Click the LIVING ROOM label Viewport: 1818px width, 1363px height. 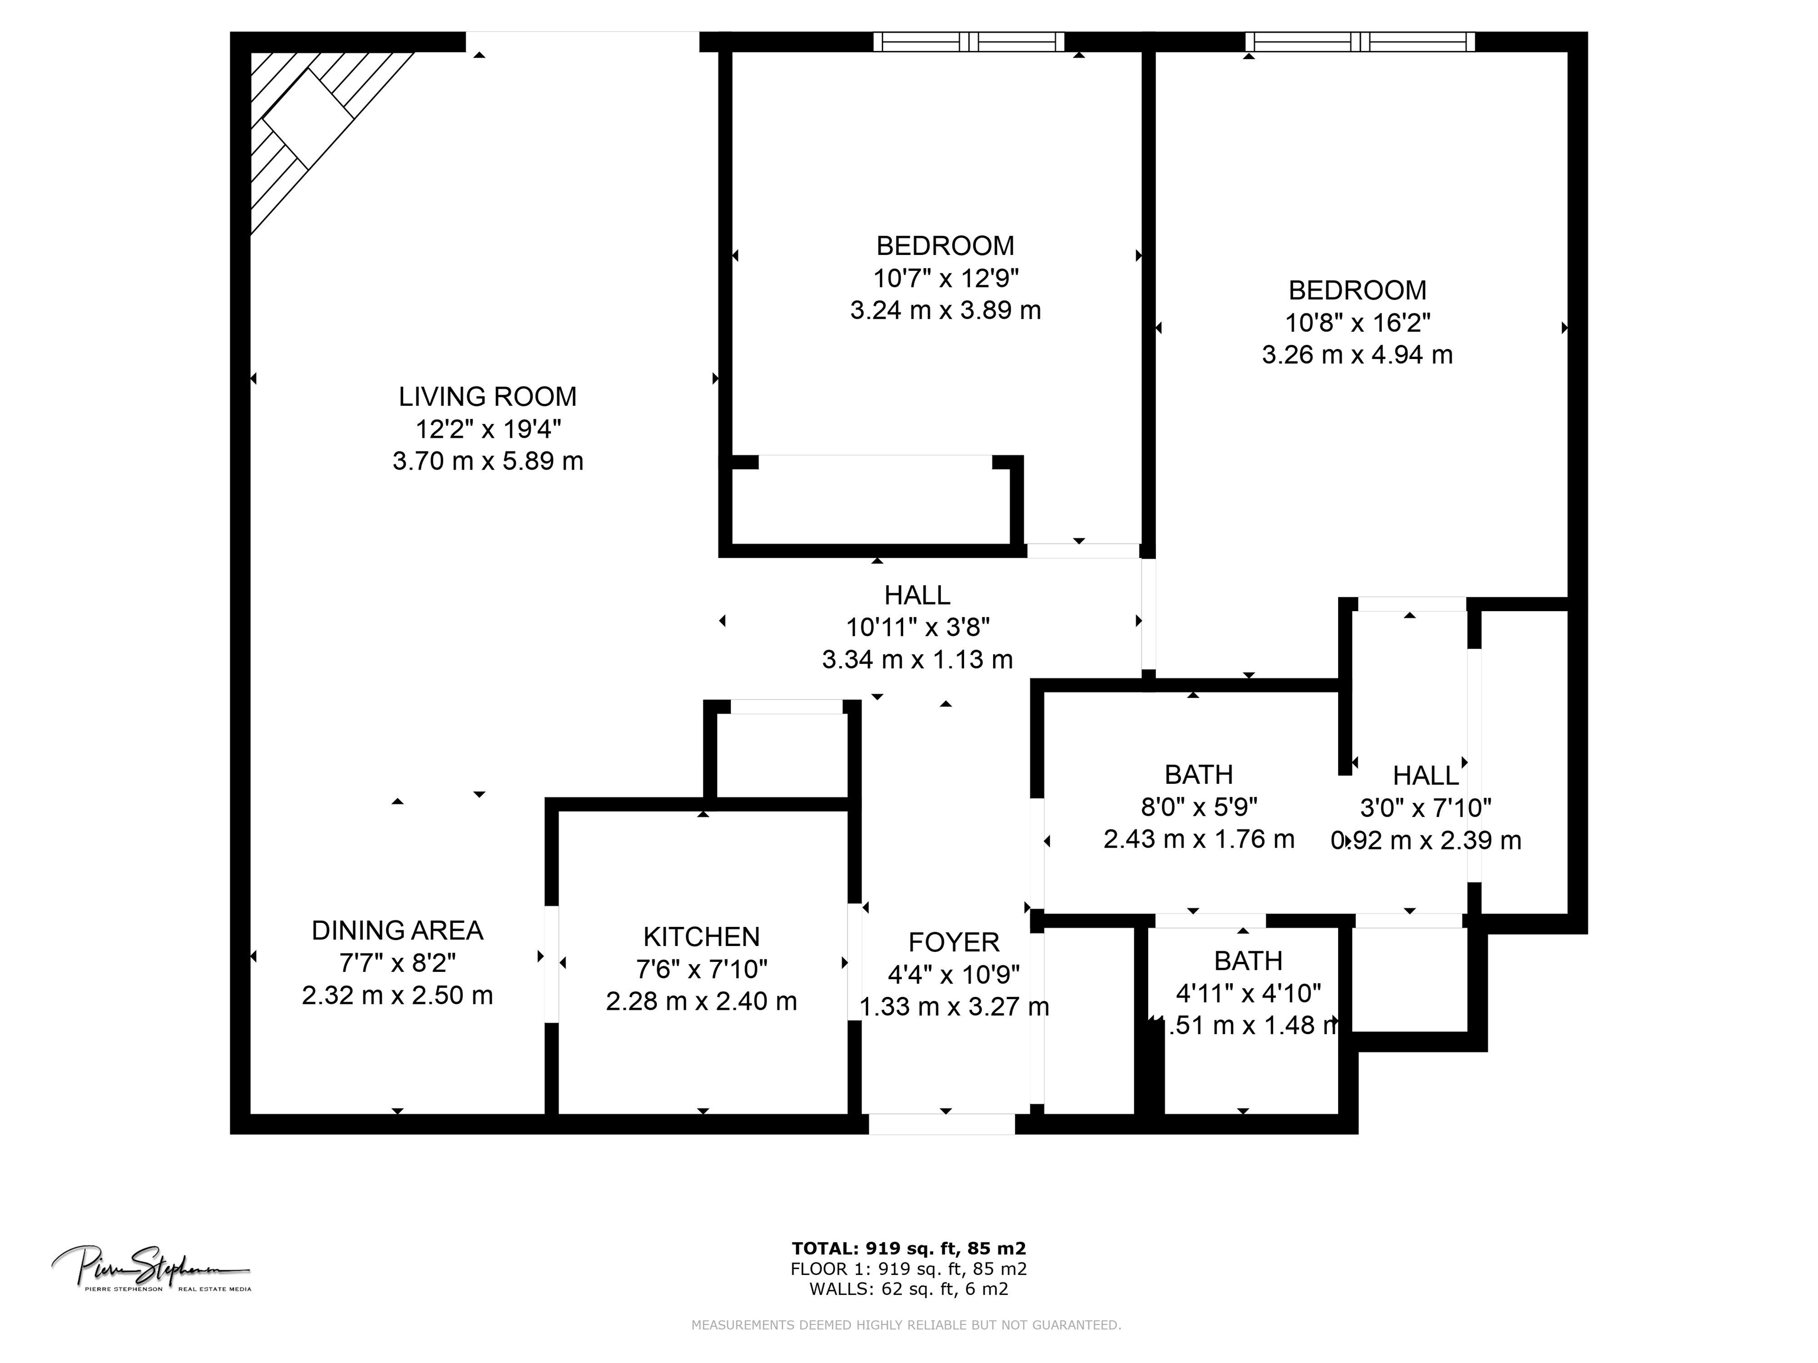coord(488,397)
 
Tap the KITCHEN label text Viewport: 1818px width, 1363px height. coord(701,936)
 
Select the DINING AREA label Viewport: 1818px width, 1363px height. coord(397,930)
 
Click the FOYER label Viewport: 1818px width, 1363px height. coord(953,942)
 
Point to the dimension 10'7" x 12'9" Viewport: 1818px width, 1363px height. coord(945,279)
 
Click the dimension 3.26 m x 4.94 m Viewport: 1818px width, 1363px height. coord(1357,355)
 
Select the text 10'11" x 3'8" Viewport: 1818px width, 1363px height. coord(917,628)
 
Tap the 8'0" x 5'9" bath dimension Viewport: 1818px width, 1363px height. coord(1198,807)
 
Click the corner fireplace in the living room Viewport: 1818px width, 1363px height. coord(308,119)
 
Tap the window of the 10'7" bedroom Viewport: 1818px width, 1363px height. coord(968,42)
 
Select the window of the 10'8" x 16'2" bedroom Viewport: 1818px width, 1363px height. coord(1359,42)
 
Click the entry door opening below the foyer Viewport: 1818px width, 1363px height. coord(942,1124)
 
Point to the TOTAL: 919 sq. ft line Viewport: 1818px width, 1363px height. coord(908,1249)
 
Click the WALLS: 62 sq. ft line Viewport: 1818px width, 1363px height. coord(908,1289)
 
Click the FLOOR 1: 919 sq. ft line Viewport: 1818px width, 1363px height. coord(908,1268)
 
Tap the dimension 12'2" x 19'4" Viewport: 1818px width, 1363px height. coord(488,429)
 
